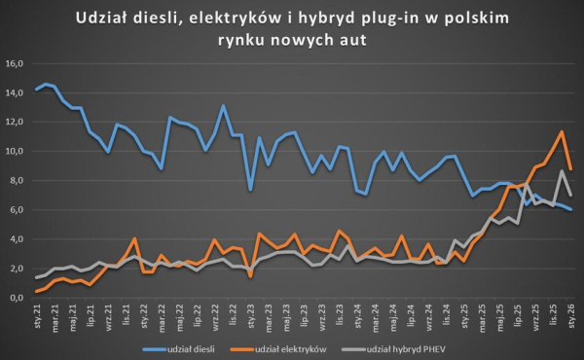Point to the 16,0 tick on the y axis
15,64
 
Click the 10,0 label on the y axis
15,152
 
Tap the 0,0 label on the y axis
15,298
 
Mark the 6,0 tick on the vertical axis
15,210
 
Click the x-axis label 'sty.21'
36,314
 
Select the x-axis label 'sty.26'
571,314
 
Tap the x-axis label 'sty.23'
250,314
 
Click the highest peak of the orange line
563,132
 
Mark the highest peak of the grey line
563,171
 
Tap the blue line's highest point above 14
45,85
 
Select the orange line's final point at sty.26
571,169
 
